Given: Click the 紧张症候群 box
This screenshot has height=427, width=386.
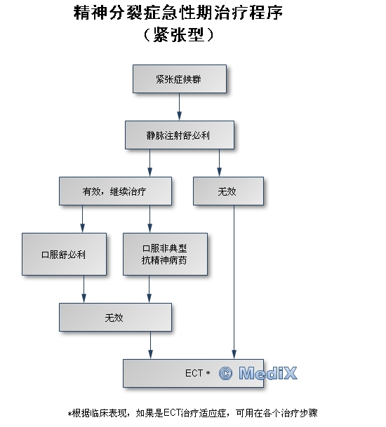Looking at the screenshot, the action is click(x=180, y=79).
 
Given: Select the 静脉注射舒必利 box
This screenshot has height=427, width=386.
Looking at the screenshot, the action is click(x=180, y=135).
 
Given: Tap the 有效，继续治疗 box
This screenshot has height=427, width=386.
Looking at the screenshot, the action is click(x=115, y=191).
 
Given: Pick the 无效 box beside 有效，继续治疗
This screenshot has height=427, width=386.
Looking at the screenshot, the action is click(x=228, y=191).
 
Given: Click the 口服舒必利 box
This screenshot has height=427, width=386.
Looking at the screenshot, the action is click(x=64, y=254).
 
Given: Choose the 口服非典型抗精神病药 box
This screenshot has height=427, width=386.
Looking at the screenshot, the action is click(x=165, y=254).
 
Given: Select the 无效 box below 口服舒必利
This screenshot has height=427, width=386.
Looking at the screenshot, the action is click(x=115, y=317).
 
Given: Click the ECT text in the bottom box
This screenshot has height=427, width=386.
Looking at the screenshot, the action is click(x=194, y=373).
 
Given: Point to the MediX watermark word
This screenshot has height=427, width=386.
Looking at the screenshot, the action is click(x=268, y=373).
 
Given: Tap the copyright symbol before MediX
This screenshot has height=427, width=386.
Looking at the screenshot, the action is click(x=226, y=373).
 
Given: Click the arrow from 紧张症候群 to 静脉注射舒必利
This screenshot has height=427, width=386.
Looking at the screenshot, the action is click(x=180, y=107).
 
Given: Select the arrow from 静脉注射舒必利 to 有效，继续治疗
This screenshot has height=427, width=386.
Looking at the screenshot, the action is click(x=149, y=163).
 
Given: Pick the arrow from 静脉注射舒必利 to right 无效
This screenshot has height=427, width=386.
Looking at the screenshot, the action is click(x=219, y=163).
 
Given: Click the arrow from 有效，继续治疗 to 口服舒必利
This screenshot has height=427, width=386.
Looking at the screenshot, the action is click(x=82, y=219).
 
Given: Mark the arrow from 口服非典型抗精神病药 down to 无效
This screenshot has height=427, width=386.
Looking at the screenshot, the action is click(x=149, y=289).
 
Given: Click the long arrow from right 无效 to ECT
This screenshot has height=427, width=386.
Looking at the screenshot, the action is click(x=234, y=282).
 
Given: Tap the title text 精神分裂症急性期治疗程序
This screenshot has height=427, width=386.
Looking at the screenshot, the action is click(x=178, y=13).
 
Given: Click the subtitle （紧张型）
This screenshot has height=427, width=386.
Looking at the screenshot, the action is click(x=178, y=34).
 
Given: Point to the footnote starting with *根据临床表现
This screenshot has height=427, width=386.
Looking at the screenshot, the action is click(x=193, y=413).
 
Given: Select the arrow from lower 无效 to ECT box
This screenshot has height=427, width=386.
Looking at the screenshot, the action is click(x=150, y=345).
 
